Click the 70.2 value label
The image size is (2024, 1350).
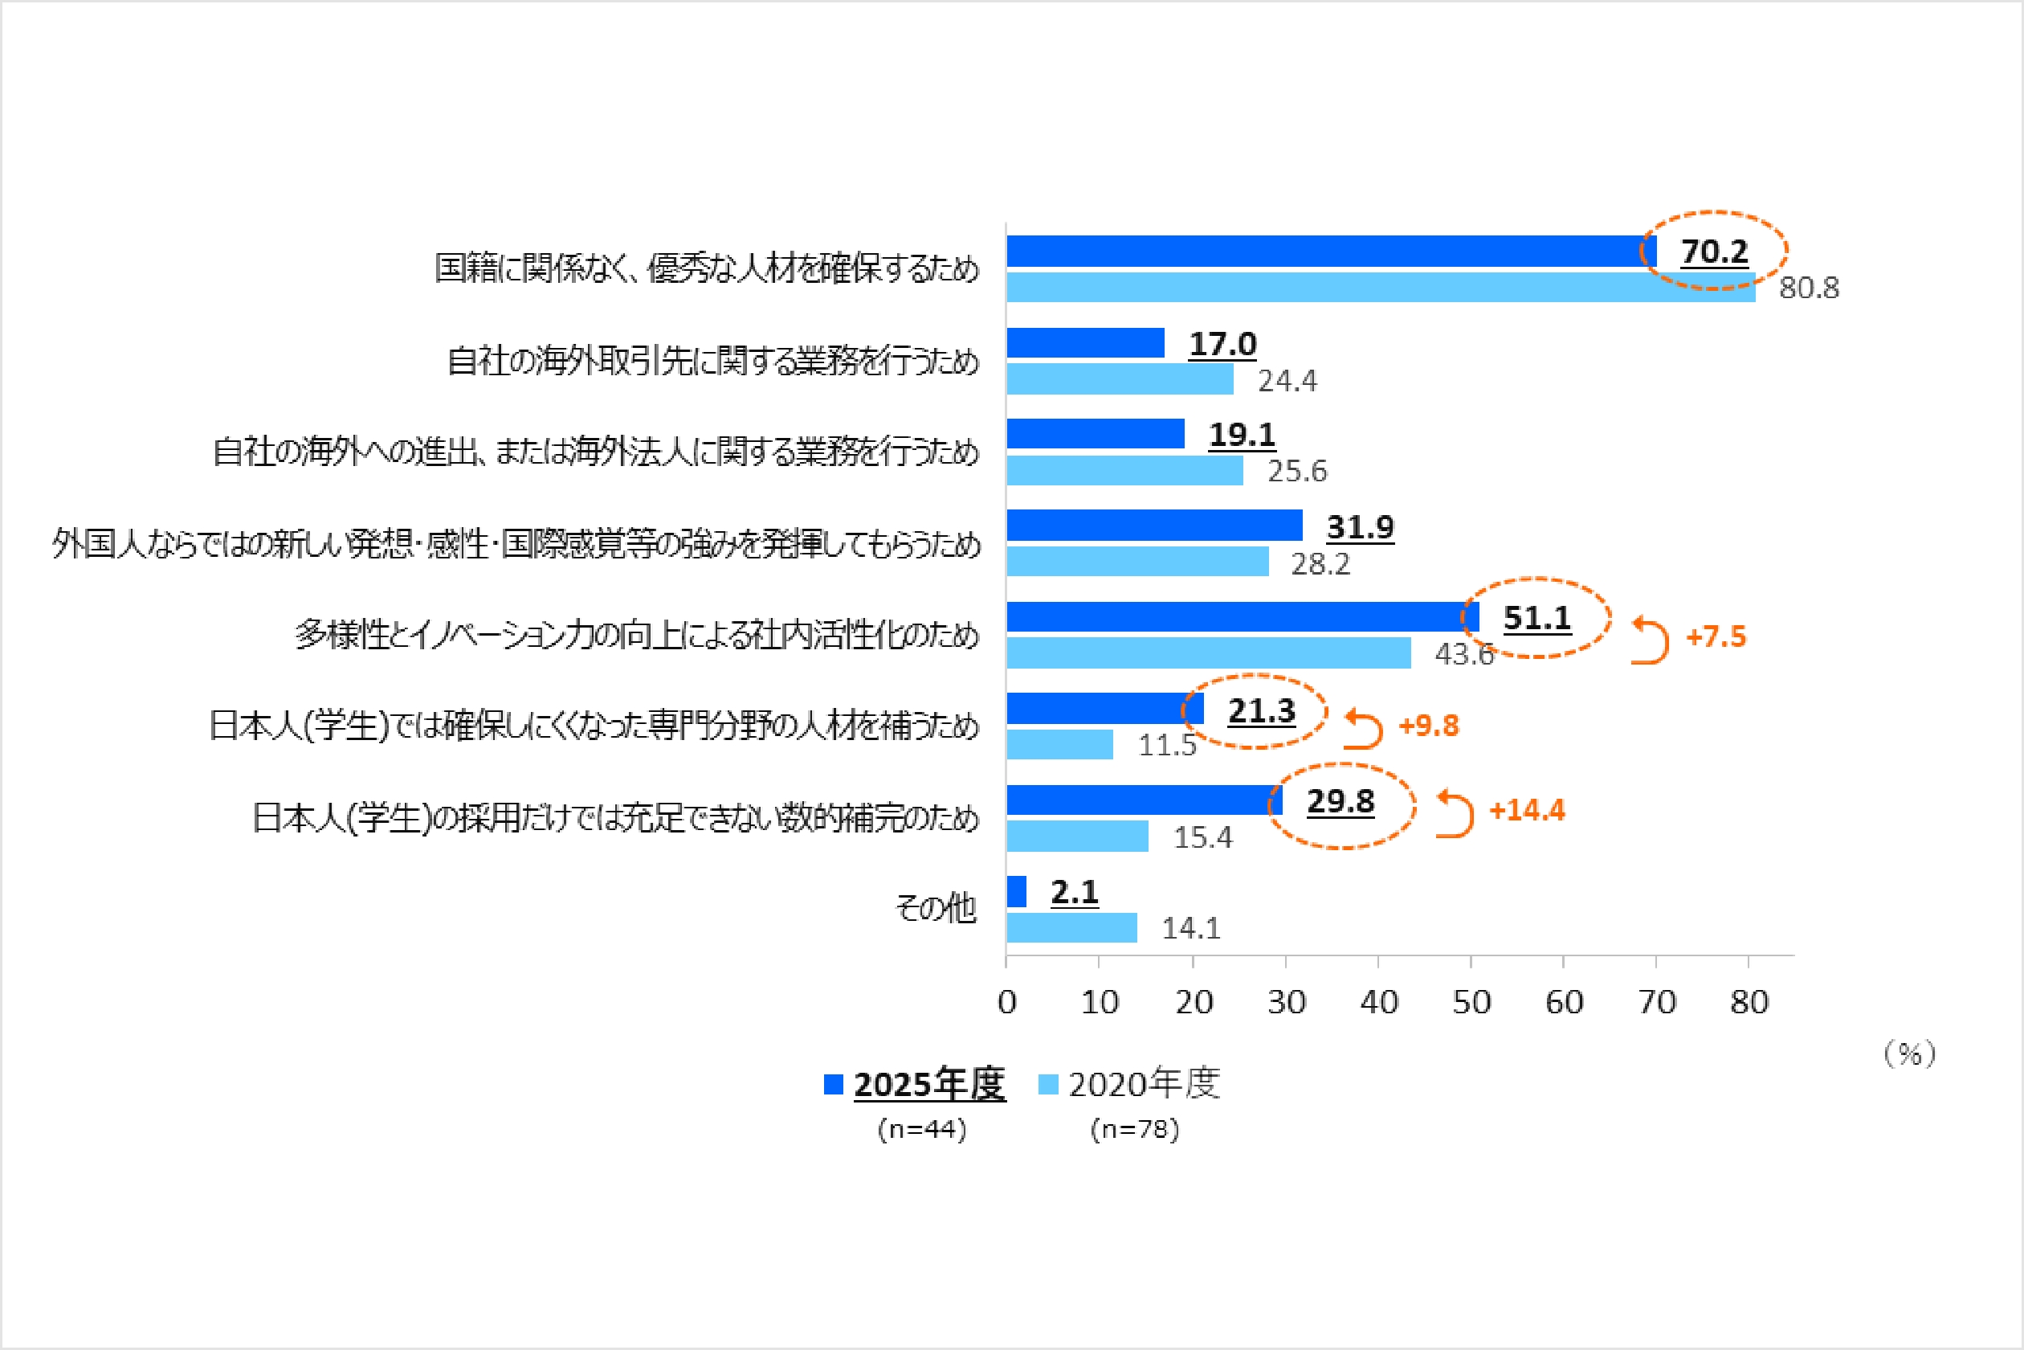click(1714, 252)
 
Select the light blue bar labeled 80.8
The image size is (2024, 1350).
click(1381, 288)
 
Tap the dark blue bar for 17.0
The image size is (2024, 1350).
click(1085, 342)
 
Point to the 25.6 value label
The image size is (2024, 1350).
click(1297, 471)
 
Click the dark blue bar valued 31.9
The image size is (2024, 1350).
click(1154, 526)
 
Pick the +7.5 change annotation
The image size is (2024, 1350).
click(1716, 637)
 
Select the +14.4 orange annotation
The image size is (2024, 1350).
click(1527, 810)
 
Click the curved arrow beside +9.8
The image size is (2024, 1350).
click(1363, 728)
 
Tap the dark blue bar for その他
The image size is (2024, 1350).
click(1016, 891)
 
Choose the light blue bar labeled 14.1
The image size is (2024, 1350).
click(1071, 927)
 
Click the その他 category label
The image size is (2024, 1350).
click(936, 907)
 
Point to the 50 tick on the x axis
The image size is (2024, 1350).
click(1471, 1002)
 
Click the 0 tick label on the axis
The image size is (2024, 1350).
click(1007, 1002)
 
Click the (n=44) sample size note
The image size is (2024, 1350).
click(922, 1129)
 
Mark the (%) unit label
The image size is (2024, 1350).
click(1910, 1053)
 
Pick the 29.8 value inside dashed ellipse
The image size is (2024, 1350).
click(1340, 802)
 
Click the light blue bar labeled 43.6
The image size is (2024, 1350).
click(1208, 652)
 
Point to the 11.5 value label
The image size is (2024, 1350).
click(1167, 745)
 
